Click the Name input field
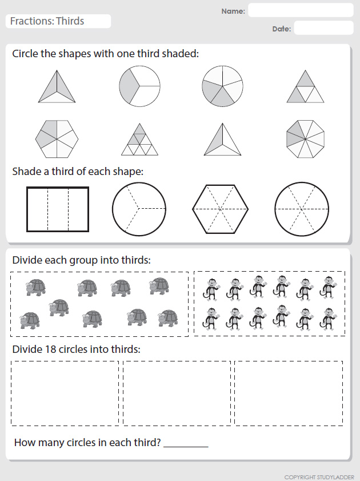pos(301,10)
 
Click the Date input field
pos(323,28)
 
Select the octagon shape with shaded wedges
pos(305,139)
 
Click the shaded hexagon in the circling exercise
pos(57,139)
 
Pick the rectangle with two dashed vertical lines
pos(58,209)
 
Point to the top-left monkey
pos(210,289)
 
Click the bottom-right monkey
pos(328,319)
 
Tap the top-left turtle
pos(36,288)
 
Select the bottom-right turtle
pos(168,319)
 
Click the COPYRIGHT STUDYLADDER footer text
pos(319,477)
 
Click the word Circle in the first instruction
pos(26,53)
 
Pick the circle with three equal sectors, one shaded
pos(139,86)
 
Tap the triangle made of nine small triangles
pos(139,140)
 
